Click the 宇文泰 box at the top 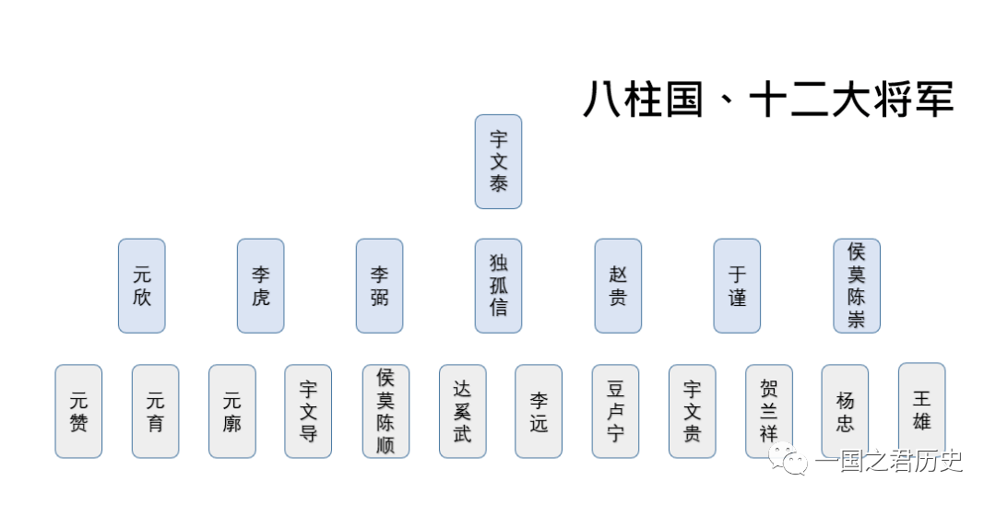click(498, 161)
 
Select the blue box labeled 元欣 click(141, 286)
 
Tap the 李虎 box click(260, 286)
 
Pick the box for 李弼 click(379, 286)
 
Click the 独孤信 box click(498, 286)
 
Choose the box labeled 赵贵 click(617, 286)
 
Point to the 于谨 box click(737, 286)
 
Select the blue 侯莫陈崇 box click(856, 286)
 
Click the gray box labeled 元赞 click(78, 411)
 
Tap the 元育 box click(155, 411)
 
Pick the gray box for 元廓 click(231, 411)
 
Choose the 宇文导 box click(308, 411)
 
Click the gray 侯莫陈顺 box click(385, 411)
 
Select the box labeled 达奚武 click(462, 411)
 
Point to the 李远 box click(539, 411)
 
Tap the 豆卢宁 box click(615, 411)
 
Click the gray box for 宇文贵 click(692, 411)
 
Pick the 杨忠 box click(845, 411)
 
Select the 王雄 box click(921, 409)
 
